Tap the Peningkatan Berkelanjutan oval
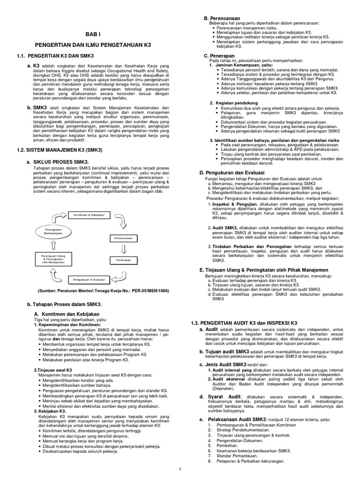tap(51, 231)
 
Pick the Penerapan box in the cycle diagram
tap(124, 259)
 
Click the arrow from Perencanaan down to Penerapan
tap(124, 248)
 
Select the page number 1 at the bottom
tap(180, 469)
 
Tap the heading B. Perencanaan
tap(219, 17)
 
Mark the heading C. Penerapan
tap(216, 55)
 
